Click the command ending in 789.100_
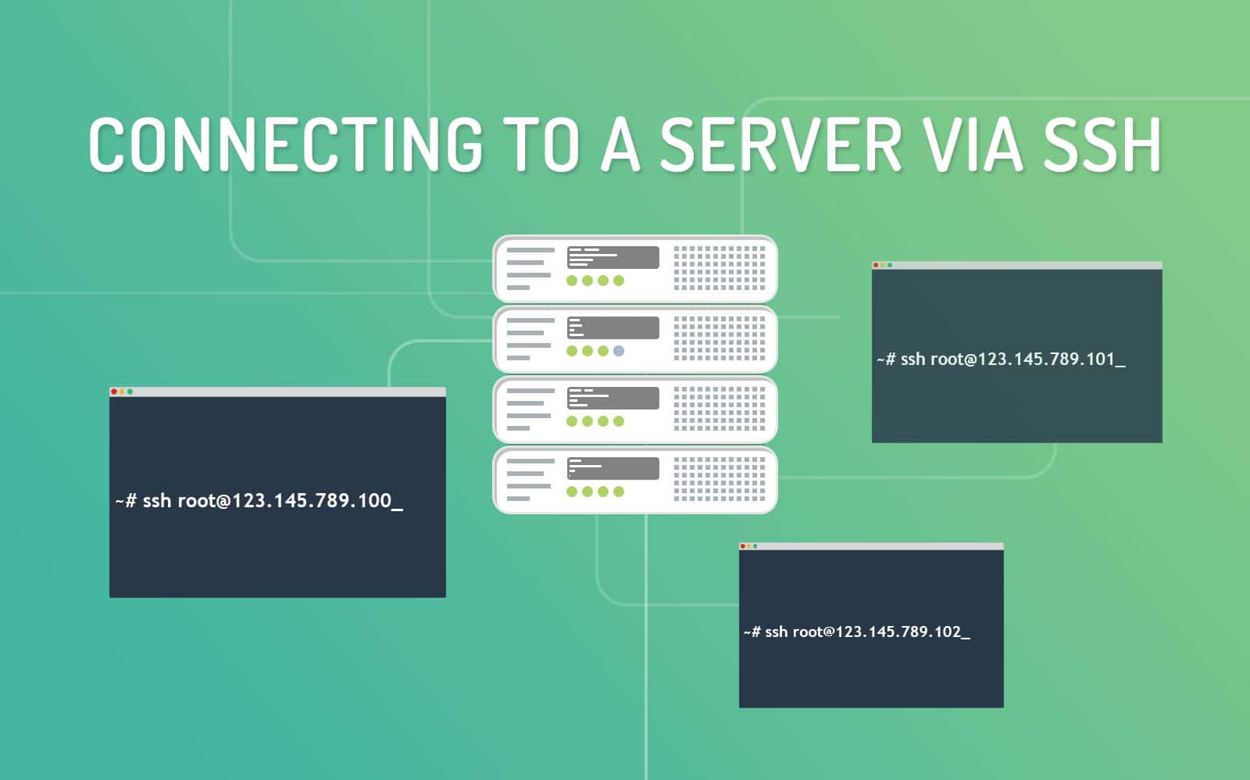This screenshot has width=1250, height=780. point(259,501)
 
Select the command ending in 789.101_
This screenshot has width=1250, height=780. point(1001,360)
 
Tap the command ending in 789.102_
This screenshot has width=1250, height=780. point(856,632)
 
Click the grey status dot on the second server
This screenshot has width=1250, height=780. point(619,351)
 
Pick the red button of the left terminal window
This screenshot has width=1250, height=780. point(114,392)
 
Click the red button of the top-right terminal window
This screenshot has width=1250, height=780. point(876,265)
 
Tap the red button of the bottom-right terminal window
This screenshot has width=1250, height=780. point(743,546)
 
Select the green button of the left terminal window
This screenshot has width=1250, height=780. point(130,392)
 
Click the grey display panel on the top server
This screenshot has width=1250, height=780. point(612,257)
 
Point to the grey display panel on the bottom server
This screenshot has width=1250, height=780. point(612,468)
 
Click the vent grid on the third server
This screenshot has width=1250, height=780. point(720,409)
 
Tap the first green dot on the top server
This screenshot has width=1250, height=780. point(572,281)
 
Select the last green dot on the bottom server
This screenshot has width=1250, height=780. point(619,492)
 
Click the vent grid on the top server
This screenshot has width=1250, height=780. point(720,268)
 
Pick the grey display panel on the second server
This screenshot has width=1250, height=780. point(612,327)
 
